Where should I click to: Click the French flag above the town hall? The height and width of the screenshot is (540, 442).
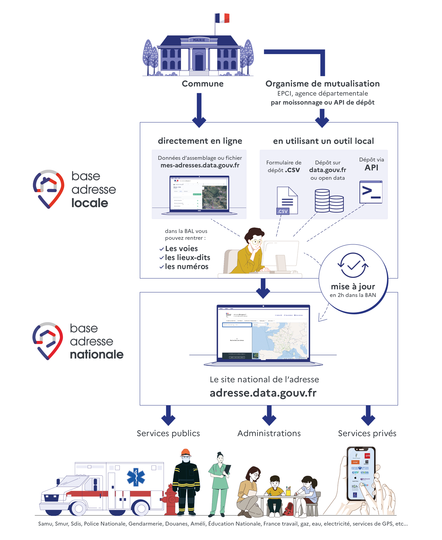pyautogui.click(x=222, y=18)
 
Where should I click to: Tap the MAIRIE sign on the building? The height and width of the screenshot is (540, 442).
pyautogui.click(x=199, y=40)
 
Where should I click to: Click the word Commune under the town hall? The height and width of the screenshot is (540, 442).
pyautogui.click(x=203, y=84)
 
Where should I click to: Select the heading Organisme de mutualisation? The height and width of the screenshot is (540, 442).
pyautogui.click(x=322, y=84)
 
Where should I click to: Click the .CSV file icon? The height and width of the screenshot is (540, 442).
pyautogui.click(x=287, y=201)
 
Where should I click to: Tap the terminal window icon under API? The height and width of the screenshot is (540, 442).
pyautogui.click(x=371, y=192)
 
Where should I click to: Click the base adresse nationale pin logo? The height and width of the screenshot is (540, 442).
pyautogui.click(x=47, y=341)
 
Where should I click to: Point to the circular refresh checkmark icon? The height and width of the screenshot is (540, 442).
pyautogui.click(x=353, y=265)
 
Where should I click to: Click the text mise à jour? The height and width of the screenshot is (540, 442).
pyautogui.click(x=353, y=287)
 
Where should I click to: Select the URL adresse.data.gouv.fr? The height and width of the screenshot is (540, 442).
pyautogui.click(x=263, y=393)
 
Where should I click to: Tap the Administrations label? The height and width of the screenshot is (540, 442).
pyautogui.click(x=269, y=433)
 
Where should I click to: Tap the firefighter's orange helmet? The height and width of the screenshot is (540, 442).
pyautogui.click(x=186, y=453)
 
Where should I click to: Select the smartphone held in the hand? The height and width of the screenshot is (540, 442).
pyautogui.click(x=361, y=473)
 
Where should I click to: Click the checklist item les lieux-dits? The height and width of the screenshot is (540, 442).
pyautogui.click(x=187, y=257)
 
